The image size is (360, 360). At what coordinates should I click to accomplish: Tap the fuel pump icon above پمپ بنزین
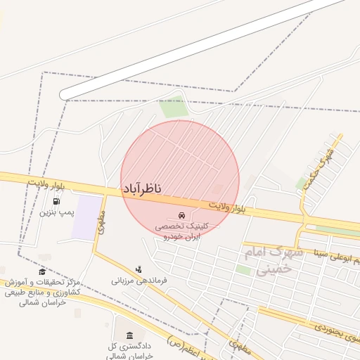click(56, 202)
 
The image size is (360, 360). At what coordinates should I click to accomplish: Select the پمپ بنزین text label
click(56, 212)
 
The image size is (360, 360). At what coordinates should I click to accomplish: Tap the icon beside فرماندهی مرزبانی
click(139, 269)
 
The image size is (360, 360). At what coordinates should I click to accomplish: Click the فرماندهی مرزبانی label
click(139, 280)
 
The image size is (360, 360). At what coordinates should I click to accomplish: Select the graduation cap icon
click(42, 271)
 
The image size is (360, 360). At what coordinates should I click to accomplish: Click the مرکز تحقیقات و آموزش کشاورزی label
click(42, 291)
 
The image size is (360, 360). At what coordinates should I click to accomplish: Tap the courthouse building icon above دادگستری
click(130, 336)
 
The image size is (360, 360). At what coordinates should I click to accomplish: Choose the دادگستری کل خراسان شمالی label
click(131, 351)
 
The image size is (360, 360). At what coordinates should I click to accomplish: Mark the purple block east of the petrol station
click(88, 217)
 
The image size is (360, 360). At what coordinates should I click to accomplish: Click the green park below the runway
click(173, 108)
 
